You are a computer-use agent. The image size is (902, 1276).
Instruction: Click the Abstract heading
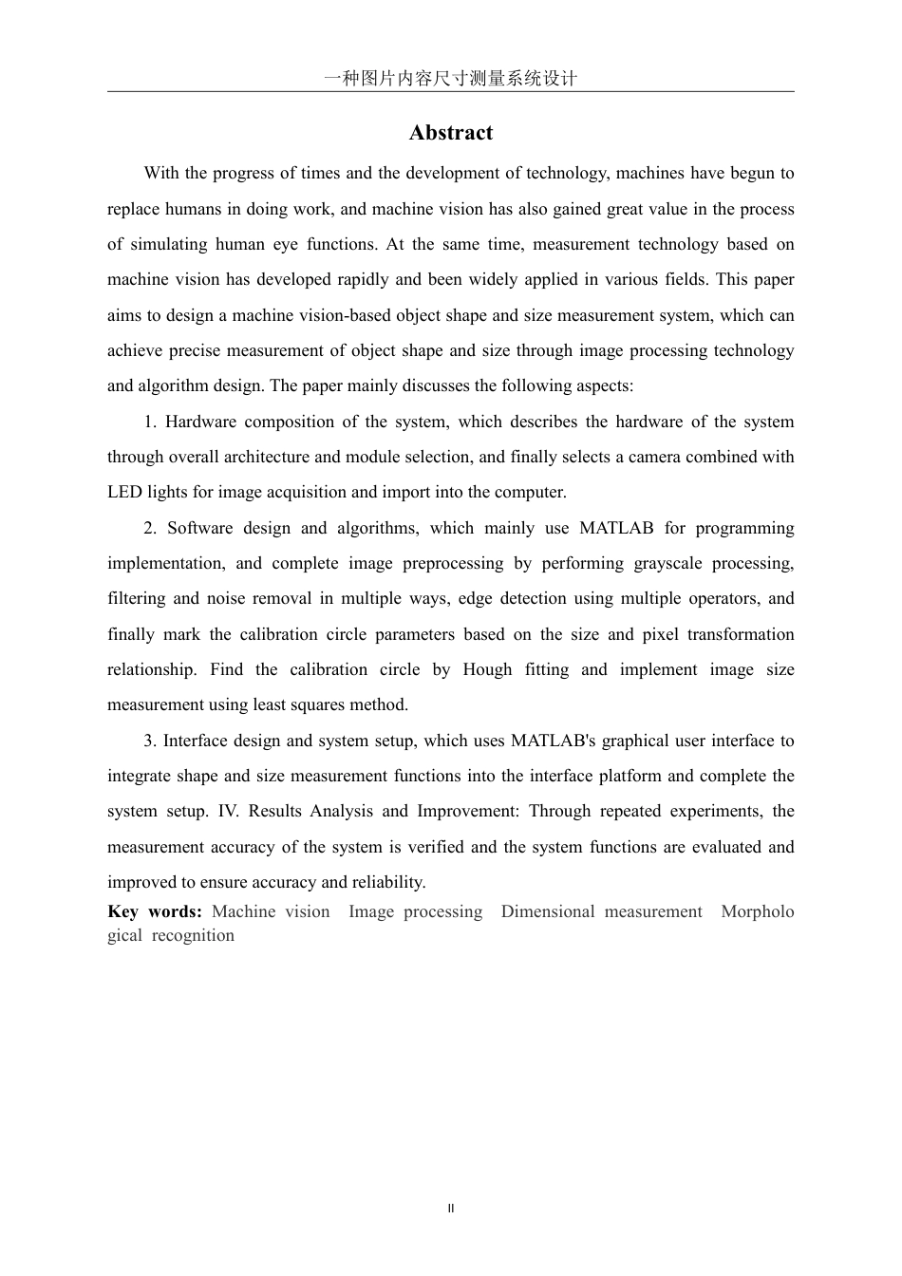(450, 133)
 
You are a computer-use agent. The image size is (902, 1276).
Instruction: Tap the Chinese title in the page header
(450, 78)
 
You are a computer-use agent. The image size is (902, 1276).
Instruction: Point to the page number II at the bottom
(451, 1209)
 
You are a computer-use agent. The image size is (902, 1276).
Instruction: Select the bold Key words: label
(155, 911)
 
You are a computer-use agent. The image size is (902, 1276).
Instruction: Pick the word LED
(124, 492)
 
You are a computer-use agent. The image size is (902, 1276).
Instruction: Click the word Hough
(487, 669)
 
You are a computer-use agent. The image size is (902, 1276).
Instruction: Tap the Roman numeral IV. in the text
(229, 811)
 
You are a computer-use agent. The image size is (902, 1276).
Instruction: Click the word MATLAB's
(554, 741)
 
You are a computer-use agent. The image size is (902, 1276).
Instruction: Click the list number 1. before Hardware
(151, 422)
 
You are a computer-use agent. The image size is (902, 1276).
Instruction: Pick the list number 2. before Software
(151, 528)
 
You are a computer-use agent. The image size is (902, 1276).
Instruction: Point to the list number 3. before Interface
(151, 741)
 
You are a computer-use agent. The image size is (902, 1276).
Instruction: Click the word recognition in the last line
(193, 935)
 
